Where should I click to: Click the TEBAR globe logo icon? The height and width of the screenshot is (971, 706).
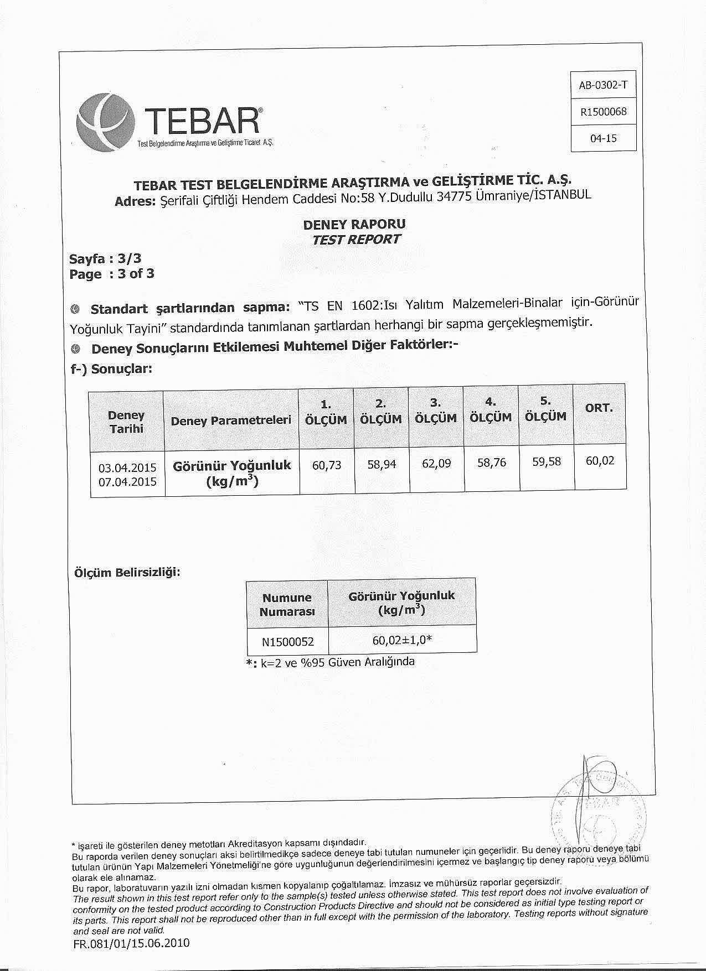click(105, 123)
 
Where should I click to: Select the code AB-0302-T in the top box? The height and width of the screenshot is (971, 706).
click(603, 85)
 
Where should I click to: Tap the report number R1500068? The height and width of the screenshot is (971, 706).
click(603, 112)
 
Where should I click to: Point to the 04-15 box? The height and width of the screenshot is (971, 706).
click(603, 138)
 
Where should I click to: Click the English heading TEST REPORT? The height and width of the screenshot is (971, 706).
click(356, 240)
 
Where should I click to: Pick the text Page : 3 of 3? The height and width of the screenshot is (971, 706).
click(112, 274)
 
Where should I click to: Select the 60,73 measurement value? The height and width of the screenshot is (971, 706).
click(327, 465)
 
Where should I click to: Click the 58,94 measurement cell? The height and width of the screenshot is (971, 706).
click(382, 464)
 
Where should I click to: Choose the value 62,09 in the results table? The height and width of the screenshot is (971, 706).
click(436, 463)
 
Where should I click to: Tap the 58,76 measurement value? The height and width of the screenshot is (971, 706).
click(491, 463)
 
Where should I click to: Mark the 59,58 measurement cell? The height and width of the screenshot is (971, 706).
click(546, 461)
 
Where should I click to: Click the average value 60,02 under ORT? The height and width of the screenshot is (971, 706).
click(600, 461)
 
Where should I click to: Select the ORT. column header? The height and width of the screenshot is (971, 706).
click(599, 408)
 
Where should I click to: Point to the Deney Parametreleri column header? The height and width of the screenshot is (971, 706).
click(231, 420)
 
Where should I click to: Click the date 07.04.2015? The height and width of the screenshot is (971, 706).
click(127, 481)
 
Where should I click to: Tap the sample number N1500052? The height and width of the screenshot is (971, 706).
click(288, 642)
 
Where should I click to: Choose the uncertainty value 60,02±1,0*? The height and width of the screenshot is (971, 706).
click(402, 640)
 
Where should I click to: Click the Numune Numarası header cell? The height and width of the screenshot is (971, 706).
click(287, 604)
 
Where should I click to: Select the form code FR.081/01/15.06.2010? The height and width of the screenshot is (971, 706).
click(131, 943)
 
